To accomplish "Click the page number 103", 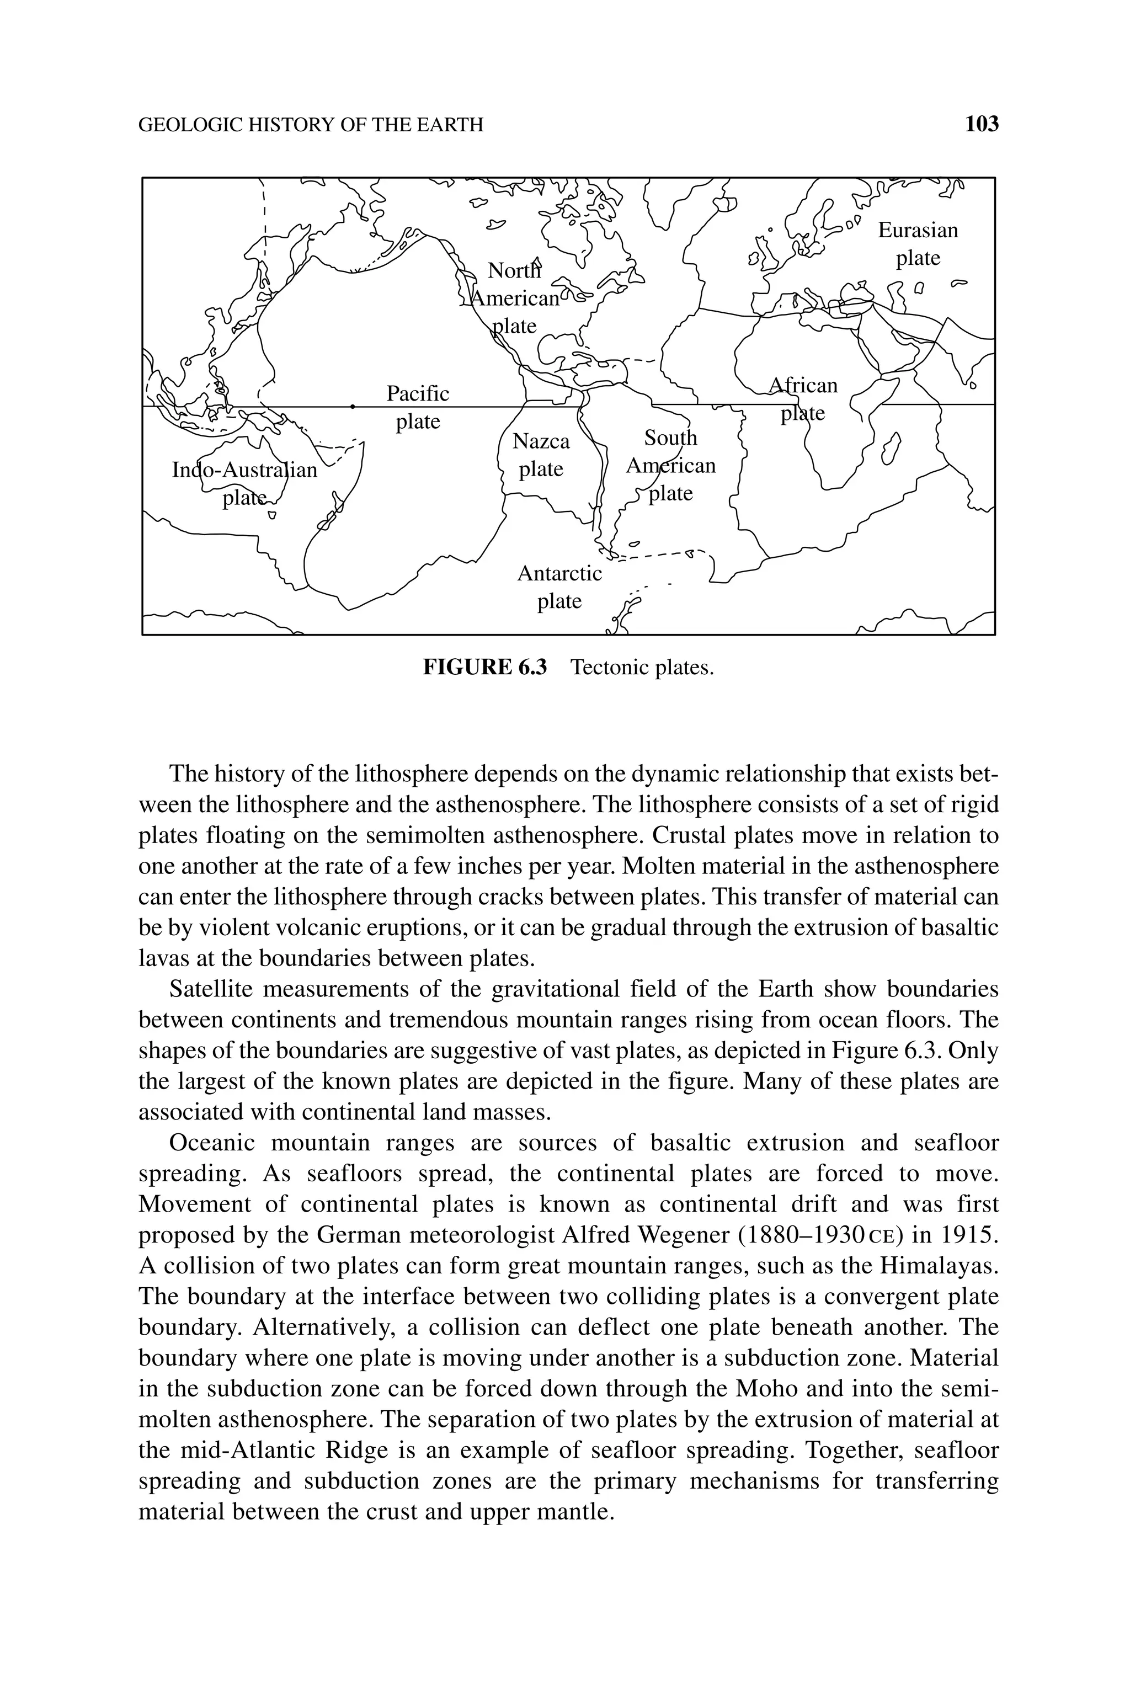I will [x=982, y=125].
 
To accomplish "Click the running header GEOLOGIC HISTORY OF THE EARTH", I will [x=311, y=125].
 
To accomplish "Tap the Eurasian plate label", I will [x=918, y=243].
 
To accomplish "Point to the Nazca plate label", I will [x=541, y=455].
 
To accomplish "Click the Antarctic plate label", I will [x=559, y=587].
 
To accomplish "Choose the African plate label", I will [x=803, y=399].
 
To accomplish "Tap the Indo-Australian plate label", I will [x=244, y=483].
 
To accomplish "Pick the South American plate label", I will [x=670, y=466].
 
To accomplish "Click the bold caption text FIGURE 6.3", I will [x=484, y=667].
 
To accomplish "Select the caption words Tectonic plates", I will [x=641, y=667].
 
